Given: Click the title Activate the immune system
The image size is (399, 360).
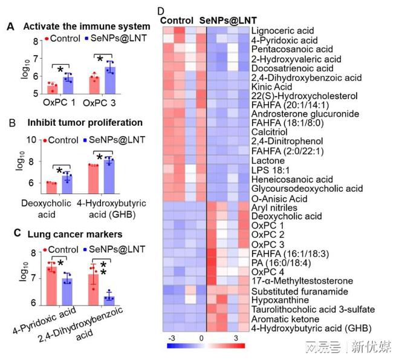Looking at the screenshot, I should (x=86, y=26).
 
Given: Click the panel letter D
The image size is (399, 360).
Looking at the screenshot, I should (x=161, y=11).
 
